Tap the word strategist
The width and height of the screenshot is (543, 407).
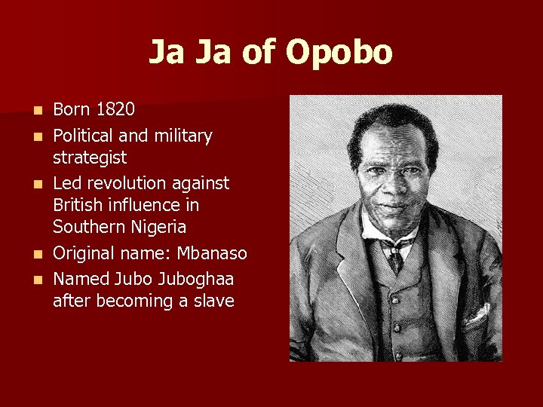90,158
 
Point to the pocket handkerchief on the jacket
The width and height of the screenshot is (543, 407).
476,314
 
